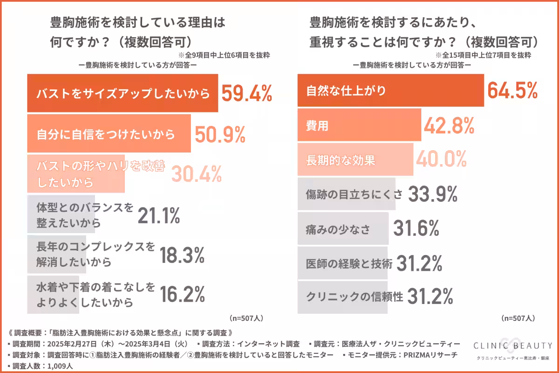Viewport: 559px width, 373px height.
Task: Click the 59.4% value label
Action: click(246, 93)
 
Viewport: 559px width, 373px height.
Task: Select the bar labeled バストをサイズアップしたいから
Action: click(123, 93)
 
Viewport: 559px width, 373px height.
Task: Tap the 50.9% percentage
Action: click(219, 134)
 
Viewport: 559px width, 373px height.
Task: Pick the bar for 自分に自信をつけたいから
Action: click(109, 134)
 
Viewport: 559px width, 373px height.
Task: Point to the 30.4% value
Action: click(196, 174)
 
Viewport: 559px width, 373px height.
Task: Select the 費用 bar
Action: click(359, 125)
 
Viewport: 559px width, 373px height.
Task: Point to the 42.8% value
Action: click(449, 125)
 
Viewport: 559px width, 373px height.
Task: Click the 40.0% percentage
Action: click(441, 160)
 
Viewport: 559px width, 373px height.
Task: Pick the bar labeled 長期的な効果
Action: click(355, 160)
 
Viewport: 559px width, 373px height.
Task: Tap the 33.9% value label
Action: click(433, 194)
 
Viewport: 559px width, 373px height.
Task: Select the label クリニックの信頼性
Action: click(354, 297)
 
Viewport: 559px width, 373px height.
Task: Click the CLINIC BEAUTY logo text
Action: click(512, 345)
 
